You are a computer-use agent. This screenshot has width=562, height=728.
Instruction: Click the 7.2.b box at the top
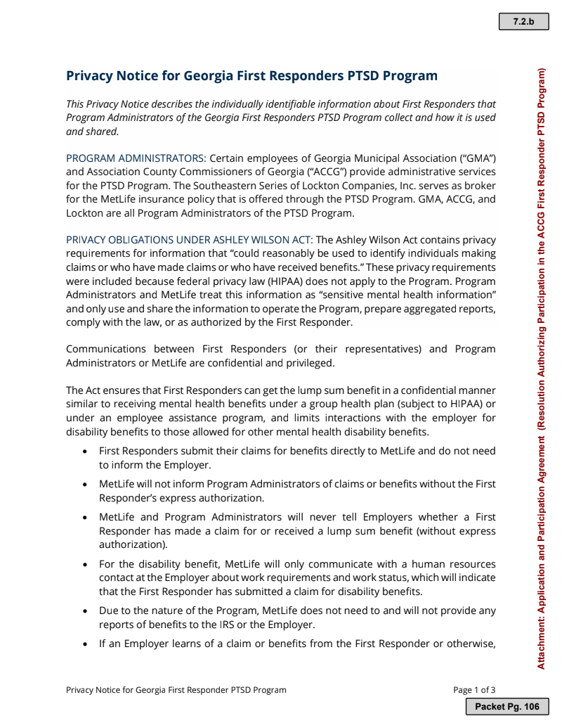(x=523, y=22)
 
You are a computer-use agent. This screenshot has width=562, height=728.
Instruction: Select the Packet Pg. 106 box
(x=507, y=706)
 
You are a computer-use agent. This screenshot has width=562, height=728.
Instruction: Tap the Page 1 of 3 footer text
(x=474, y=690)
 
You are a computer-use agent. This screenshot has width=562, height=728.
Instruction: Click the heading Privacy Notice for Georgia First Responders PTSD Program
(x=251, y=76)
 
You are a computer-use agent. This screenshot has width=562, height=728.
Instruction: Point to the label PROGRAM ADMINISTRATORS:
(x=136, y=158)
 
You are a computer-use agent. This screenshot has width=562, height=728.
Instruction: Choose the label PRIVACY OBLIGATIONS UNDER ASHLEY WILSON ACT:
(x=190, y=240)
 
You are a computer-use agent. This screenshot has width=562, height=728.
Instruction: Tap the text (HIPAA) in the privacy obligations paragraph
(x=280, y=281)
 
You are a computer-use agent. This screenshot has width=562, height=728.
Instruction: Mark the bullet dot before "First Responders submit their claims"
(x=84, y=452)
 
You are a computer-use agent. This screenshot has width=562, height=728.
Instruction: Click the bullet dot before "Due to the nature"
(x=84, y=611)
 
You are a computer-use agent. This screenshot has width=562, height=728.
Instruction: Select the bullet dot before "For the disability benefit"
(x=84, y=565)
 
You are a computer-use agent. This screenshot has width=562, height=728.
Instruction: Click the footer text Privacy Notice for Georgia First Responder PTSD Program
(x=176, y=690)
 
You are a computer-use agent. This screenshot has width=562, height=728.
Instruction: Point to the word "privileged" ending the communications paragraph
(x=310, y=363)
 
